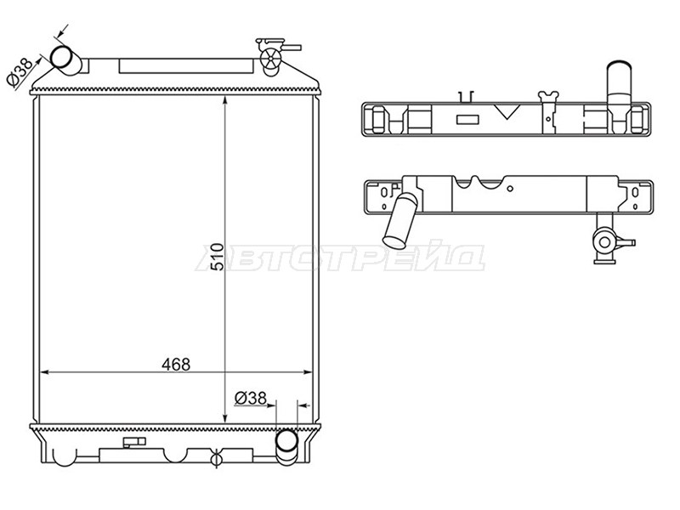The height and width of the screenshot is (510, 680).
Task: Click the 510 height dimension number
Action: [x=218, y=258]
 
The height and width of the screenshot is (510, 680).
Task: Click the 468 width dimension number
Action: [x=176, y=365]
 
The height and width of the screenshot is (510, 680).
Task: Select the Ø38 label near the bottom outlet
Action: [x=250, y=398]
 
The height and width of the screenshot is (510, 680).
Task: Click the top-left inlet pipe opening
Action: [x=61, y=57]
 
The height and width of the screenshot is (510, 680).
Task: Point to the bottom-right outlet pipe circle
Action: [x=286, y=441]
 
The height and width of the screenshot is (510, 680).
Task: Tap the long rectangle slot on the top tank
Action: [x=185, y=66]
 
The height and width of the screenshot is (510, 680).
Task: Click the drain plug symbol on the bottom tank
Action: [x=216, y=459]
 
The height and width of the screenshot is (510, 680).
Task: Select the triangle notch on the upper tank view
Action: [x=507, y=111]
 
